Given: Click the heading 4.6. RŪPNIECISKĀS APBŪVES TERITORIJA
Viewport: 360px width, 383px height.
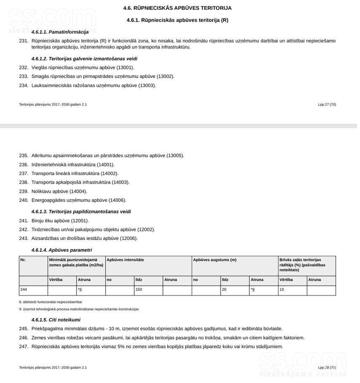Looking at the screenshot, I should (177, 8).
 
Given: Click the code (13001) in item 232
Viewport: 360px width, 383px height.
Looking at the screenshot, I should (125, 67).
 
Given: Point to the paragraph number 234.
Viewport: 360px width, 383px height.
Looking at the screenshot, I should (24, 85).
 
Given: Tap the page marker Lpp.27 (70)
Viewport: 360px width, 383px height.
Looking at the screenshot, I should (327, 104).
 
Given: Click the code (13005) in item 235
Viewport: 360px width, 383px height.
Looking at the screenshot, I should (175, 155).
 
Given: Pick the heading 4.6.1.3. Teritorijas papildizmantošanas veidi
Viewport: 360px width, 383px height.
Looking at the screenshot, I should (81, 212).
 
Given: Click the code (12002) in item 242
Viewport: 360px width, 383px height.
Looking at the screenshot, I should (146, 229).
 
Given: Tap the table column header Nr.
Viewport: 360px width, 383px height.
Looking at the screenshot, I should (23, 260).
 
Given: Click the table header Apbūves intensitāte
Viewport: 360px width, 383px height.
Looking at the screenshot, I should (125, 260).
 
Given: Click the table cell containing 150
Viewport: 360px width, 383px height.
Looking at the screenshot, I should (139, 290).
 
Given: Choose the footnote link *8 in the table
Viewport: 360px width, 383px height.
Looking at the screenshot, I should (80, 290).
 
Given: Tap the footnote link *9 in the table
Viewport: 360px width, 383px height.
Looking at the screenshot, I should (253, 290).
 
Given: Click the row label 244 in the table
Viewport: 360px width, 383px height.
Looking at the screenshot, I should (24, 290).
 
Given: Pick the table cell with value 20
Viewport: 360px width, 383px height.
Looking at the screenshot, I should (224, 290).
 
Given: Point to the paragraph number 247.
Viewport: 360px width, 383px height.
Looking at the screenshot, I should (24, 346).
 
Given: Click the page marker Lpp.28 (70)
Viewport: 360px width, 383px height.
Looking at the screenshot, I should (327, 367).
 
